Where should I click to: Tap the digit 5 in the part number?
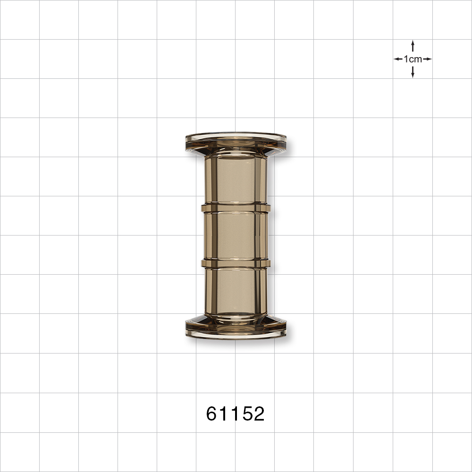[x=246, y=414]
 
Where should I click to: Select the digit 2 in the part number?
[x=258, y=414]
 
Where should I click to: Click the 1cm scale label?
[x=413, y=59]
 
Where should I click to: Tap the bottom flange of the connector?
[x=236, y=330]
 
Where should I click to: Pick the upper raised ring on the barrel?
[x=236, y=208]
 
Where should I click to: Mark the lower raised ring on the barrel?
[x=236, y=263]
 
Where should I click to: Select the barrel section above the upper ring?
[x=236, y=179]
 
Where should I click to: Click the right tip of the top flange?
[x=285, y=139]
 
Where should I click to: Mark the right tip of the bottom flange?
[x=285, y=329]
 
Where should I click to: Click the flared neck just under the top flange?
[x=236, y=151]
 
